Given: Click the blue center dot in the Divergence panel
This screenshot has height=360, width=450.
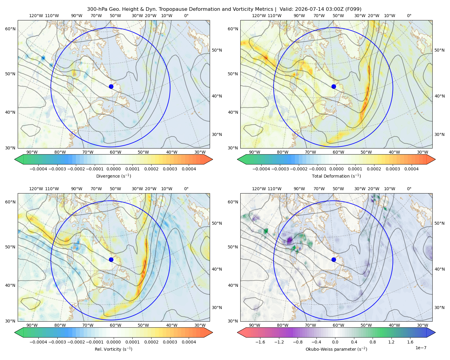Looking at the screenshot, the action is pos(111,86).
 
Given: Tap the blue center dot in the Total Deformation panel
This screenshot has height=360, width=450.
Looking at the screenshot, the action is pos(334,86).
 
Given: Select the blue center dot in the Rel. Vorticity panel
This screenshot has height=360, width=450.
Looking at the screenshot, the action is pos(111,259).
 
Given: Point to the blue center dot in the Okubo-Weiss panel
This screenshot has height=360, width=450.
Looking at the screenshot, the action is pos(334,259).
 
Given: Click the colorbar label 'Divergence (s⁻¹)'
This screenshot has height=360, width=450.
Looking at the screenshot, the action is pos(113,176).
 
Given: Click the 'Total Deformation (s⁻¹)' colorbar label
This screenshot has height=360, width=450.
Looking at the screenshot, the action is pos(336,176).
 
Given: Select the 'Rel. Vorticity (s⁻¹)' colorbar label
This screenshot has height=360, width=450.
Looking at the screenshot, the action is pos(113,349).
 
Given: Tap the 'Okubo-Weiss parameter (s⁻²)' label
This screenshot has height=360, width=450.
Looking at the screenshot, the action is pos(336,349).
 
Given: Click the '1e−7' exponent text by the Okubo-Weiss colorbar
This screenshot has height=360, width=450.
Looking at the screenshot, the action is pos(421,348).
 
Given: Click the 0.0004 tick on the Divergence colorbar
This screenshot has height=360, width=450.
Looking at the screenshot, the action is pos(189,169).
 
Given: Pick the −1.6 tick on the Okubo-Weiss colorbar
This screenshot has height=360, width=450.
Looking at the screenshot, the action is pos(260,342).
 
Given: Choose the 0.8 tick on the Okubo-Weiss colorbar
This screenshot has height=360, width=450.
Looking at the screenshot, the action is pos(373,342).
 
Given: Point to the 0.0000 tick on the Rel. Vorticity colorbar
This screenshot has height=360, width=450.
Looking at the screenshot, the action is pos(113,342).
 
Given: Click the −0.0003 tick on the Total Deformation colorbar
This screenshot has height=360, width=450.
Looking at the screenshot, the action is pos(280,169).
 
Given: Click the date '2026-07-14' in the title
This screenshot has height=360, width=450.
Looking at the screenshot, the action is pos(307,9).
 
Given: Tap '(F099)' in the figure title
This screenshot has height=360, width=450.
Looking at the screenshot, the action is pos(353,9).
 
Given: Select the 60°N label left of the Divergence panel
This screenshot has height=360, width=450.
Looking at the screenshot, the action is pos(10,29).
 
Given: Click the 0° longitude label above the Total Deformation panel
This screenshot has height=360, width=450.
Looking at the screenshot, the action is pos(409,16).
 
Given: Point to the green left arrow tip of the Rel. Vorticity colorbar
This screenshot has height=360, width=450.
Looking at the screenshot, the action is pos(15,332).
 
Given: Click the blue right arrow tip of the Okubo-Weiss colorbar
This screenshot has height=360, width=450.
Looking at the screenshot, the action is pos(435,332).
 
